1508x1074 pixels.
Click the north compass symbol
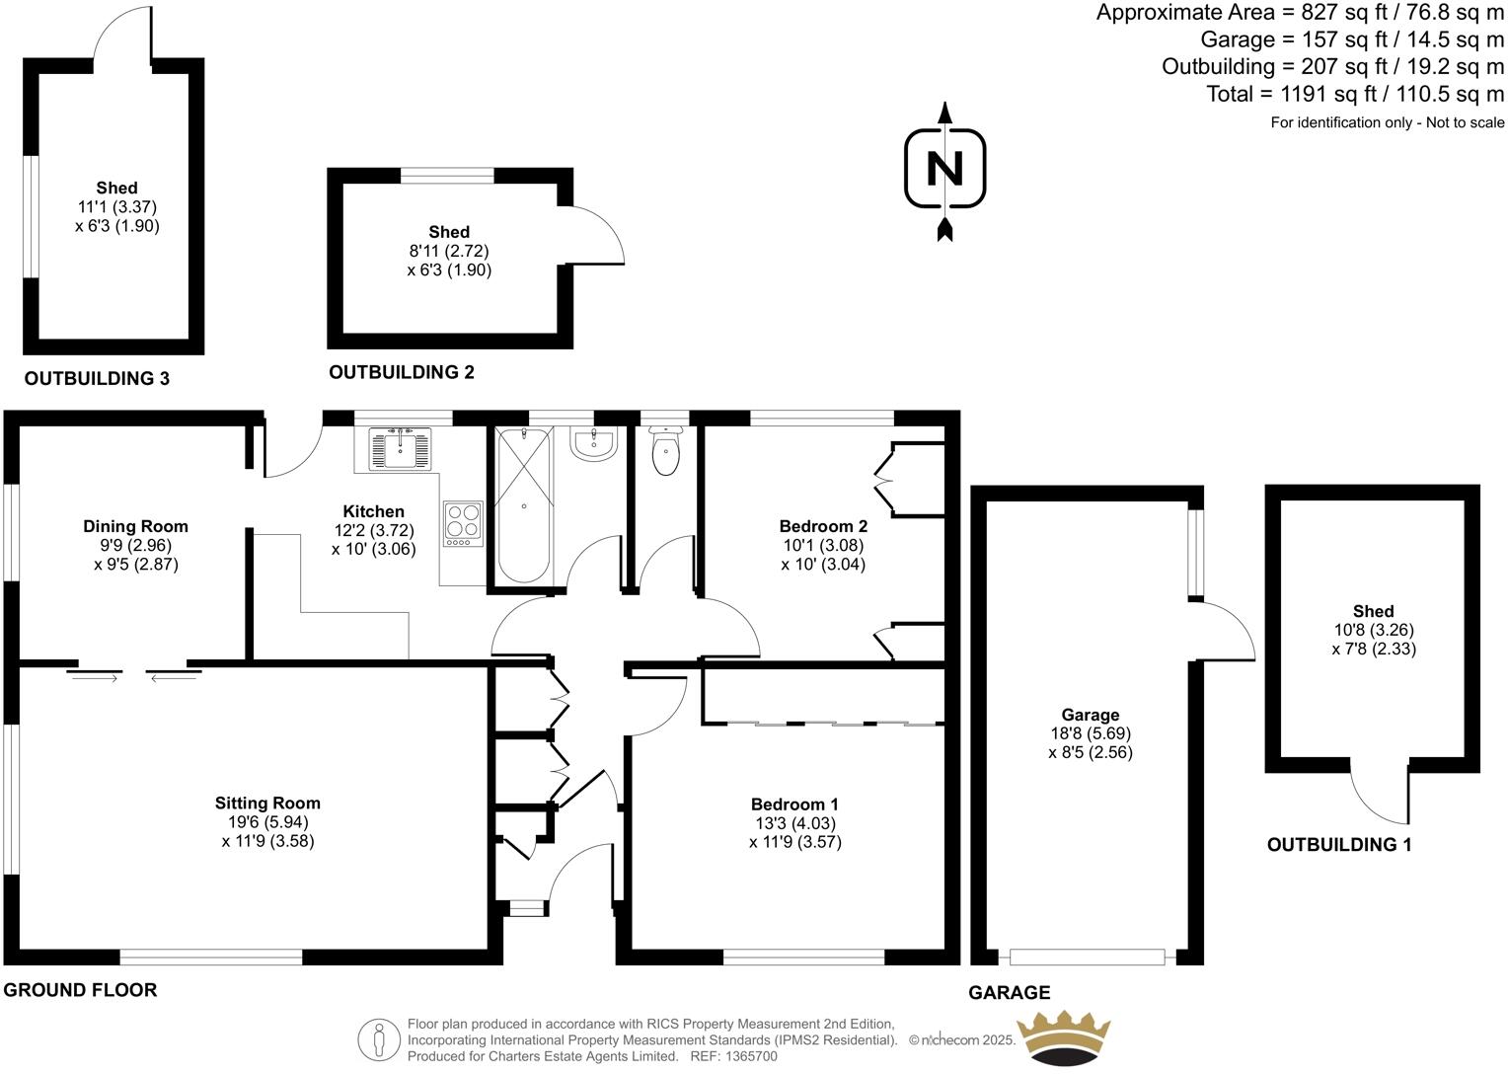(x=944, y=169)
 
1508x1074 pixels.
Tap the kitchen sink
(x=400, y=449)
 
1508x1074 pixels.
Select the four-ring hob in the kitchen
(x=463, y=523)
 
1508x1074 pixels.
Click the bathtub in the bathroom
(x=522, y=505)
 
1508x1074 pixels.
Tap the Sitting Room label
(x=267, y=803)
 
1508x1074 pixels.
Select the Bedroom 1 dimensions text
(x=794, y=833)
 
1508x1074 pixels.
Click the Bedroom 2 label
(x=823, y=526)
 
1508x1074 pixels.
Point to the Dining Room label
(x=135, y=526)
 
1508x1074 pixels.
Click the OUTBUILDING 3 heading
(x=97, y=378)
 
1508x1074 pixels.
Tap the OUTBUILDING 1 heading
(x=1339, y=845)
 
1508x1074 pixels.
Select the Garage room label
(x=1090, y=715)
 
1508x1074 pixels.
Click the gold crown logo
(x=1064, y=1037)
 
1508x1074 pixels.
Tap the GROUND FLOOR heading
(x=80, y=990)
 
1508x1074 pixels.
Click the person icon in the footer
(x=379, y=1039)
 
